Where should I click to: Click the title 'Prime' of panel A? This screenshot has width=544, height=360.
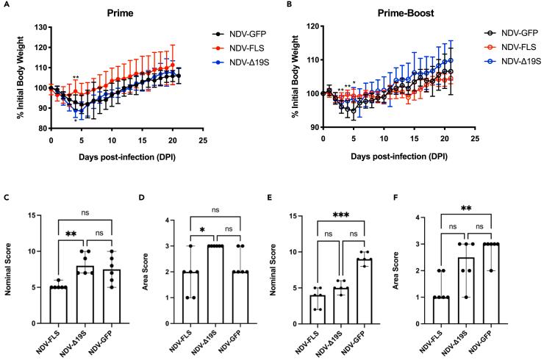(x=120, y=13)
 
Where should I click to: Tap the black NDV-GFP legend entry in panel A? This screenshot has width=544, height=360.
(x=240, y=34)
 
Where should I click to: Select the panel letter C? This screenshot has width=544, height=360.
(x=7, y=198)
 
